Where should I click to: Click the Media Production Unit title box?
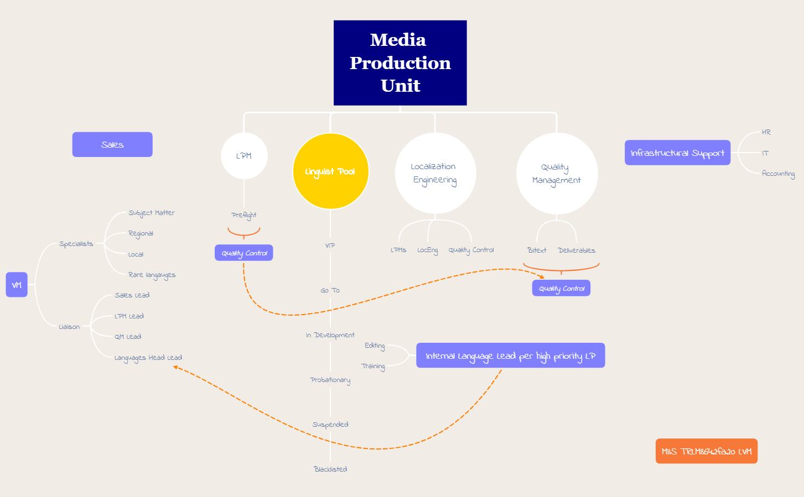point(400,63)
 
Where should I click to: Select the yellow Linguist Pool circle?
point(330,171)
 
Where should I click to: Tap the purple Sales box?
point(112,144)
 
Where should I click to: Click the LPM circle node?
point(244,156)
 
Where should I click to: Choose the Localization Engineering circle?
point(435,173)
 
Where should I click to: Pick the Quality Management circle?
point(557,174)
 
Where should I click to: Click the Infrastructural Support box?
point(677,153)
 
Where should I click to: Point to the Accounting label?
point(778,174)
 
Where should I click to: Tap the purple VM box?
point(17,285)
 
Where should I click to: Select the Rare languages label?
point(152,275)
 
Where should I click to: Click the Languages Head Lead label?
point(148,358)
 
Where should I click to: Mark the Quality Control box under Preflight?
point(244,253)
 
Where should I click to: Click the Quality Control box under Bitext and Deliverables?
point(561,288)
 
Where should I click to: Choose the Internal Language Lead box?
point(510,355)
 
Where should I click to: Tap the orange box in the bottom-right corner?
point(706,451)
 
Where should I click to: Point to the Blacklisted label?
point(330,469)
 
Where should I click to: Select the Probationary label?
point(330,380)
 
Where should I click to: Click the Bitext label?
point(537,250)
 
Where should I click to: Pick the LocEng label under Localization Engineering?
point(427,250)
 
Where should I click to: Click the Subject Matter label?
point(152,213)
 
